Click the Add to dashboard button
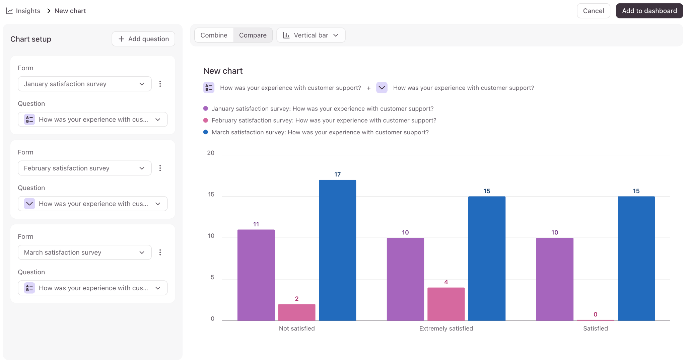click(649, 11)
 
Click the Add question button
click(143, 39)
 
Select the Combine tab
click(214, 35)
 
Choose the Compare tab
click(253, 35)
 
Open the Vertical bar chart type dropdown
click(311, 35)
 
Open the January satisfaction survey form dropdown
click(84, 84)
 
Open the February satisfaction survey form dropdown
click(84, 168)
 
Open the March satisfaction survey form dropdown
click(84, 253)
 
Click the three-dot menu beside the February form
click(160, 168)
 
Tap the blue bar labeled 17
click(337, 250)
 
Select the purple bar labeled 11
click(256, 275)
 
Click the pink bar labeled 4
click(446, 304)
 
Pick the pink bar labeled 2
click(296, 312)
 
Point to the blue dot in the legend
click(206, 132)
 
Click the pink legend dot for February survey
click(206, 120)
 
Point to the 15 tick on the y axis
click(211, 194)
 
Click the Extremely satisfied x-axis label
click(446, 329)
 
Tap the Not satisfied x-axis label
click(297, 329)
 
